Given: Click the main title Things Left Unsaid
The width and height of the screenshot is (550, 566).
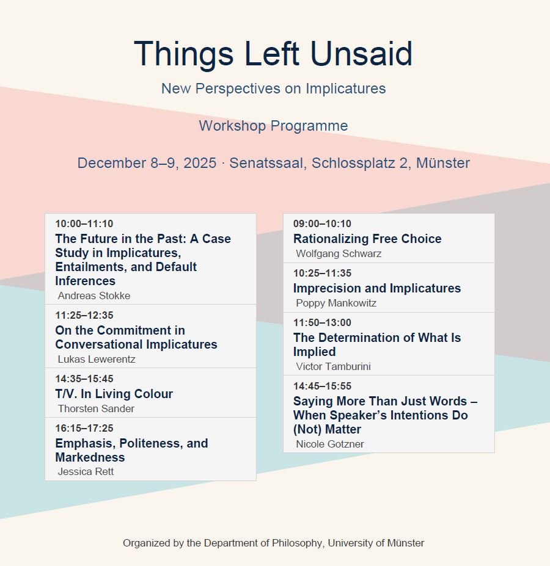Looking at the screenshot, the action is coord(273,54).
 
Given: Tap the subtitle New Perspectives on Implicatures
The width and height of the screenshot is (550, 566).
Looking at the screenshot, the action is coord(274,89).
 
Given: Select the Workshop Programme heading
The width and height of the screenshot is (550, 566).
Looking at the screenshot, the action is coord(273,126).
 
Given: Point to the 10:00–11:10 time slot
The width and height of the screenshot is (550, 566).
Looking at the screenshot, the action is coord(84,224).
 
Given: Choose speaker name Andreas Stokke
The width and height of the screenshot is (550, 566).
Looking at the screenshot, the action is coord(94,296).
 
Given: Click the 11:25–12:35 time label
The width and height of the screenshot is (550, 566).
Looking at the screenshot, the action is coord(84,316).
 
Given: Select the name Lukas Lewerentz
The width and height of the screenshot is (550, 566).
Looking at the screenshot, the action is coord(97,359).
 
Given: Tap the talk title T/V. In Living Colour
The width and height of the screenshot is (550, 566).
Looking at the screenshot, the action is coord(114,394).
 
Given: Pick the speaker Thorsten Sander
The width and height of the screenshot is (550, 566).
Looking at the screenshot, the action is coord(96,408).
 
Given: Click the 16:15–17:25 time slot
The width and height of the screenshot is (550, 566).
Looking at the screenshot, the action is coord(84,429).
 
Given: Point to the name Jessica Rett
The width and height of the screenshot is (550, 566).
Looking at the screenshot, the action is coord(86,472).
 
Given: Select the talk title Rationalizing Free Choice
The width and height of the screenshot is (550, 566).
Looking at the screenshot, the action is coord(367,239).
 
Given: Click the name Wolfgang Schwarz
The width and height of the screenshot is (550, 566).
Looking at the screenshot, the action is coord(339,254).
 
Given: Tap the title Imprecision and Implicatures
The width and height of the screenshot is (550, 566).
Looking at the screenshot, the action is coord(377,288).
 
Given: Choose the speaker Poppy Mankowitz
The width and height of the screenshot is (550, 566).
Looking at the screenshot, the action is coord(336,303).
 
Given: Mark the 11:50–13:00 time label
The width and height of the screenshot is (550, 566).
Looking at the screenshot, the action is coord(322,323).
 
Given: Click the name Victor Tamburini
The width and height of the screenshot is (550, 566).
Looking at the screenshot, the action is coord(333,367).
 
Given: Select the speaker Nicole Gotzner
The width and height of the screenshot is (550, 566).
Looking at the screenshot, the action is coord(330,444).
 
